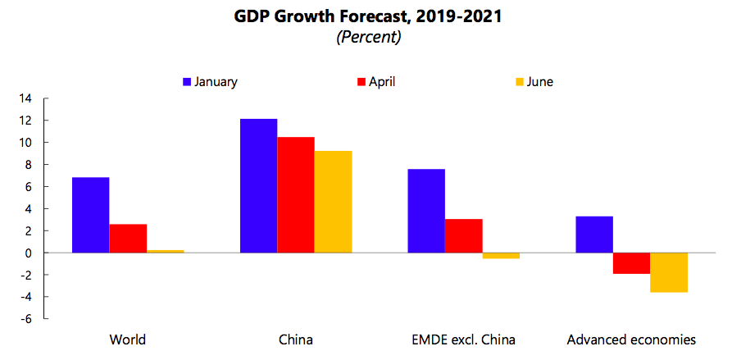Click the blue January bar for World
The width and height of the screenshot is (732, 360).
click(x=90, y=215)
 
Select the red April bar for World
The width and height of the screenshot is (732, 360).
click(x=128, y=238)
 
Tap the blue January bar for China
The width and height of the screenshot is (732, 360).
click(x=258, y=185)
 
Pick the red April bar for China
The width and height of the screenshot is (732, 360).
click(x=295, y=194)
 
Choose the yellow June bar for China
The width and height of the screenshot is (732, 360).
click(x=332, y=202)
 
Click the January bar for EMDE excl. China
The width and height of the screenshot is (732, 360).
click(x=426, y=211)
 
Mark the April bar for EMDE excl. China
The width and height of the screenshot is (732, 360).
click(x=463, y=235)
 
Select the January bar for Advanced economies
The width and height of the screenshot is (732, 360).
click(x=594, y=235)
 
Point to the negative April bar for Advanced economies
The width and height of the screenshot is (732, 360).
click(x=631, y=263)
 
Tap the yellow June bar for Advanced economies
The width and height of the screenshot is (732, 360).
click(x=668, y=272)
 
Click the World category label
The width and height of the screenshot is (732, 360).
click(x=127, y=339)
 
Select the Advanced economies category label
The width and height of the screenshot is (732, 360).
click(x=631, y=339)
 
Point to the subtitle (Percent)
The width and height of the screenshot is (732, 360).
click(x=367, y=38)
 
